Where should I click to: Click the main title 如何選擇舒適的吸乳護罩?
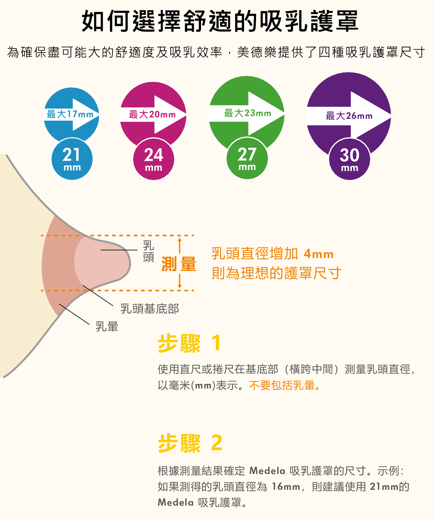point(220,21)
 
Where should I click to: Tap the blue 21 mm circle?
point(72,159)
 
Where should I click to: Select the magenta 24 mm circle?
point(154,159)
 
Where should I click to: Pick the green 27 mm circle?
point(247,158)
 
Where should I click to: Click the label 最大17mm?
point(70,114)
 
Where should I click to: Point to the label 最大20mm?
point(152,114)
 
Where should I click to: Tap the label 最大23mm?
point(247,113)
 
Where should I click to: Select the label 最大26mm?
point(349,116)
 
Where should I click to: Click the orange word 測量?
point(179,264)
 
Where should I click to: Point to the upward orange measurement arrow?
point(180,245)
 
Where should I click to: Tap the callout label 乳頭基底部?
point(150,309)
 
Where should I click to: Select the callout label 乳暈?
point(107,326)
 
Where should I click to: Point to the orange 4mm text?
point(318,254)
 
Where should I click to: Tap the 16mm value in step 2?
point(286,487)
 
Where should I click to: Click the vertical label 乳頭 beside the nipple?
point(149,251)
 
